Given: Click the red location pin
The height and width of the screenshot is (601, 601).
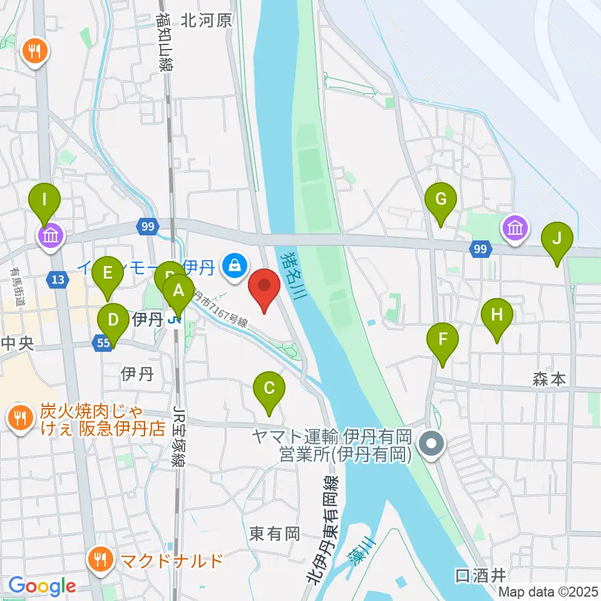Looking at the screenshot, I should point(264,289).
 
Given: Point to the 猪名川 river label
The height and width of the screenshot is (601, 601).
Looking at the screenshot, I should point(292,275).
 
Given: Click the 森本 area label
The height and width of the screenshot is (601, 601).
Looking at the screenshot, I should point(549,379).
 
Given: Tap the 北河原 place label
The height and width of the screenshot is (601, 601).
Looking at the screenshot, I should point(206,21).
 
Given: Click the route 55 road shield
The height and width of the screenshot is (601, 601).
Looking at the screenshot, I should point(104,342).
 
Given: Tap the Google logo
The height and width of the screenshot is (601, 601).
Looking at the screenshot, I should point(42,587).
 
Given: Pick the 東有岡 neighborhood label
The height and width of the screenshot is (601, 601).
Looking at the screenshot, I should point(275,533).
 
